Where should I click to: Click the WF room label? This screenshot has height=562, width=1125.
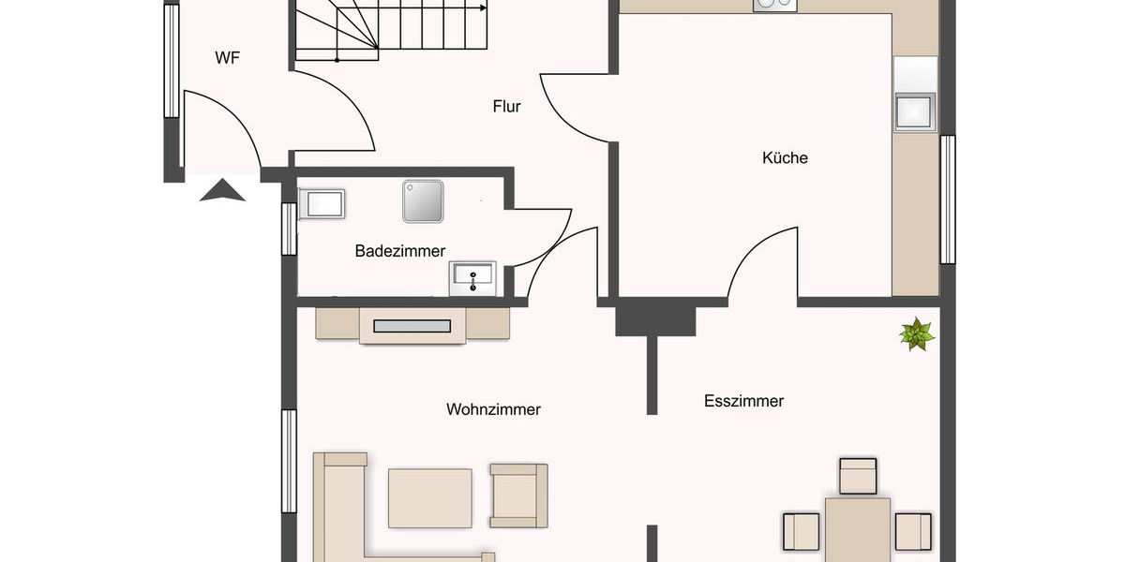click(228, 58)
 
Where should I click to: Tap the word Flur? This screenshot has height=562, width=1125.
click(506, 106)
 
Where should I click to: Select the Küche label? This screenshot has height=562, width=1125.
click(785, 158)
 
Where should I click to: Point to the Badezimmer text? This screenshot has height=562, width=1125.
click(400, 251)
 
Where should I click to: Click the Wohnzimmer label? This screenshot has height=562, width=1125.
click(493, 409)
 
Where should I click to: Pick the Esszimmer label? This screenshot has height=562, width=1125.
click(743, 401)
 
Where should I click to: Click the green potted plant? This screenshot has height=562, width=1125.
click(916, 333)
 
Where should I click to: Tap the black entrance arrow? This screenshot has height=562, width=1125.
click(222, 191)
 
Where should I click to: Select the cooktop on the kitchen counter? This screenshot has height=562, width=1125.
click(774, 5)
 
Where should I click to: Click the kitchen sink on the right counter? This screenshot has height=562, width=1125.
click(914, 111)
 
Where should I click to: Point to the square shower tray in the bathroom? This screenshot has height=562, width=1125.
click(423, 201)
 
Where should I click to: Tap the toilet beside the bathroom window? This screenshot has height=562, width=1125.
click(322, 203)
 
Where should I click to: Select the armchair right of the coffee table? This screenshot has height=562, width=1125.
click(517, 495)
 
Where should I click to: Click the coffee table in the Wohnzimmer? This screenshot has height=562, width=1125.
click(430, 497)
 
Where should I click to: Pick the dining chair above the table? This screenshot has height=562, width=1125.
click(858, 476)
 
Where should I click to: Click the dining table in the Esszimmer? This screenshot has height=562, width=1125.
click(857, 530)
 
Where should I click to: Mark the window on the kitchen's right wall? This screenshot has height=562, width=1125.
click(948, 200)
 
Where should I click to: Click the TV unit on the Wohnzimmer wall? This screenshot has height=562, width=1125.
click(412, 325)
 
